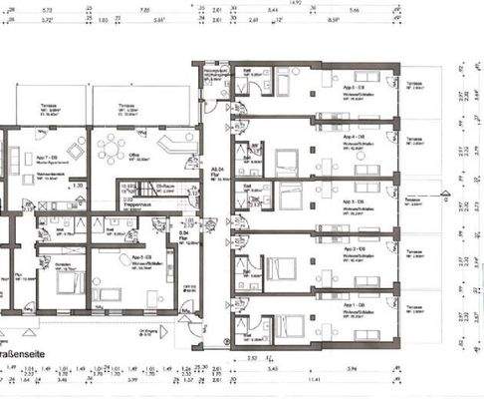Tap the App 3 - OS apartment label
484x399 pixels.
pyautogui.click(x=351, y=200)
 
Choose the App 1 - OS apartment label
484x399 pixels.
pyautogui.click(x=351, y=303)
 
